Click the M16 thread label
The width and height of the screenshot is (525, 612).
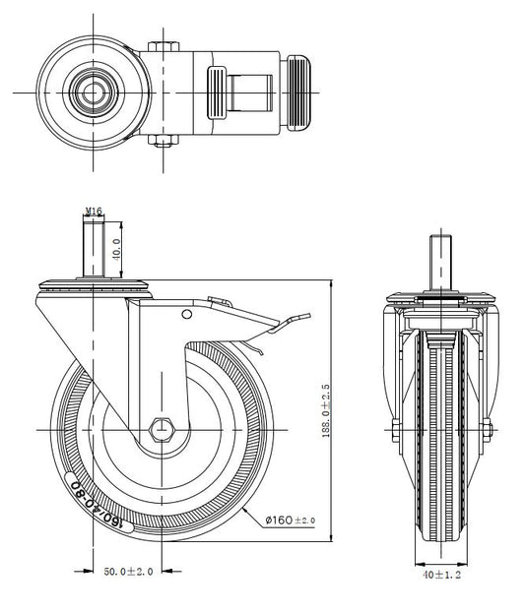pyautogui.click(x=94, y=212)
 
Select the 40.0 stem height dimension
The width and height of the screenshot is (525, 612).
pyautogui.click(x=117, y=249)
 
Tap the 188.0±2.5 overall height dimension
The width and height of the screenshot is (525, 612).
pyautogui.click(x=326, y=411)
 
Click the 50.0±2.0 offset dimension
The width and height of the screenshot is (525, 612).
pyautogui.click(x=128, y=572)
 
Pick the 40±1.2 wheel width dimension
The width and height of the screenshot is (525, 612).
pyautogui.click(x=442, y=575)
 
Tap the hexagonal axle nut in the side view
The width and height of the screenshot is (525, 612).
pyautogui.click(x=162, y=430)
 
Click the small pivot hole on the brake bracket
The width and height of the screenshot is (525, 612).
pyautogui.click(x=187, y=314)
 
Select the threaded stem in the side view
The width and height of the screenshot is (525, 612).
pyautogui.click(x=94, y=248)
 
